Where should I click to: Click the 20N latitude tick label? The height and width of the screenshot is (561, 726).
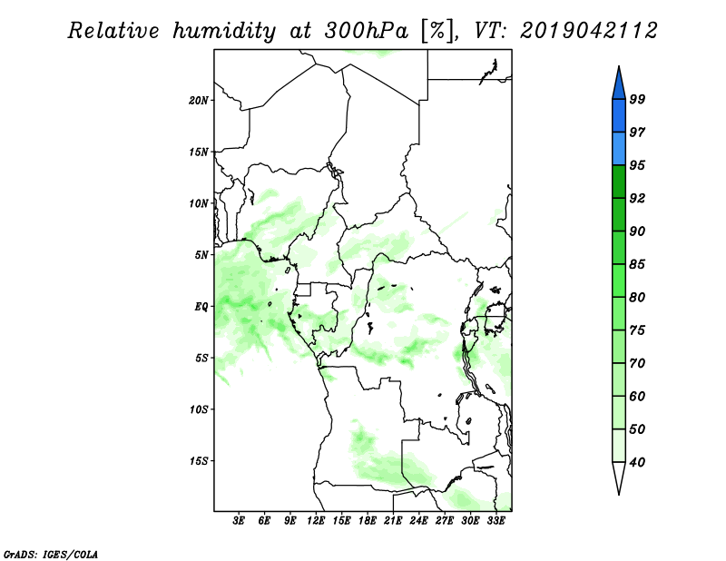click(199, 101)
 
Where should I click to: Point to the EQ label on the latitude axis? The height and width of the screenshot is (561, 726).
click(201, 307)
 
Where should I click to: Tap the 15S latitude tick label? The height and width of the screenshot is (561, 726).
click(199, 461)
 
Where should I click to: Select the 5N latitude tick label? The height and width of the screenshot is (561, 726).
click(201, 255)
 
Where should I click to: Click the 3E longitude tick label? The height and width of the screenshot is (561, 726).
click(239, 521)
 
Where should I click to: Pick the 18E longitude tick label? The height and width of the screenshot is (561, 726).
click(368, 521)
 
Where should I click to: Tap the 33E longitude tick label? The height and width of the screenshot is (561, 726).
click(495, 521)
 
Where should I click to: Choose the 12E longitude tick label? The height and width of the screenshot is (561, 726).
click(316, 521)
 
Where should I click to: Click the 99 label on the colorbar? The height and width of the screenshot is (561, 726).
click(637, 99)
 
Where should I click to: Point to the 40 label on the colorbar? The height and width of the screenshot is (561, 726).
click(637, 462)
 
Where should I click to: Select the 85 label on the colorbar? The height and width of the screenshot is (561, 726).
click(637, 264)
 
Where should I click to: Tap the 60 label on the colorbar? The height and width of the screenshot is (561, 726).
click(637, 396)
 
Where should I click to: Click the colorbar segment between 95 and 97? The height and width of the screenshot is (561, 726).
click(619, 149)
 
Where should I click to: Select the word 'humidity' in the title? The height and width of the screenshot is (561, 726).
click(224, 32)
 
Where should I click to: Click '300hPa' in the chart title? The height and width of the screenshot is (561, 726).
click(366, 31)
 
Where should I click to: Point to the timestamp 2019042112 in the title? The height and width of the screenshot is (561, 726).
click(588, 31)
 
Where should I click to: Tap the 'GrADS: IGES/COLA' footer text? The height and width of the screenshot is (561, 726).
click(51, 554)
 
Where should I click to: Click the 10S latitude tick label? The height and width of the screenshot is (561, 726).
click(199, 409)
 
